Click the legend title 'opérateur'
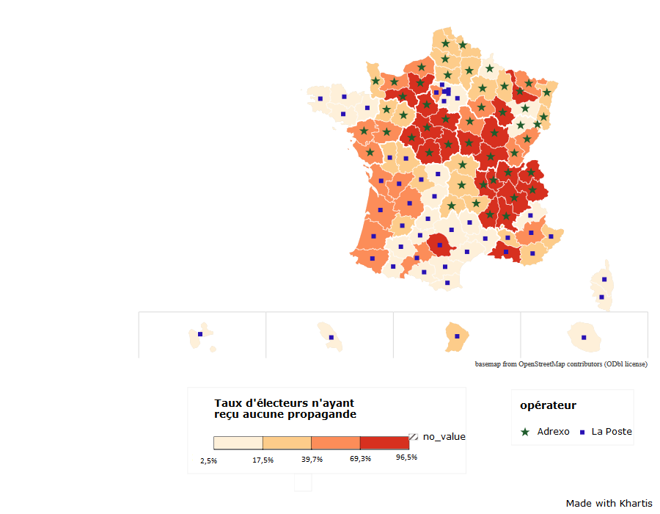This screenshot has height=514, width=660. click(x=548, y=405)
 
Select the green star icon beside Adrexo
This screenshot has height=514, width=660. click(x=525, y=432)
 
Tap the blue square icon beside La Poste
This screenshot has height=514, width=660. click(x=582, y=432)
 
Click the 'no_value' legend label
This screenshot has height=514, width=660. click(x=444, y=437)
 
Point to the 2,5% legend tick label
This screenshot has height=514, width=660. click(x=208, y=460)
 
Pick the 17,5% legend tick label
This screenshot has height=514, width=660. click(x=263, y=460)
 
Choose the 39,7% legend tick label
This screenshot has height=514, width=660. click(x=312, y=460)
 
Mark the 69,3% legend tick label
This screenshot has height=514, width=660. click(x=360, y=459)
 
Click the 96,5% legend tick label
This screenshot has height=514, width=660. click(x=406, y=457)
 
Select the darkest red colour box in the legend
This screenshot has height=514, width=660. click(x=384, y=443)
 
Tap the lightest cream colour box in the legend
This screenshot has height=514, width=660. click(x=238, y=443)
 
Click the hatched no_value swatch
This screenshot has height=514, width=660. click(x=414, y=437)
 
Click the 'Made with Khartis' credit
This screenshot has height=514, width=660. click(x=609, y=503)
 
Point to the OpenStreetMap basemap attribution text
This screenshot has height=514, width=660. click(x=561, y=364)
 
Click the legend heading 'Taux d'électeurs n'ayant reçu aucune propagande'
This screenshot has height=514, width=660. click(x=285, y=408)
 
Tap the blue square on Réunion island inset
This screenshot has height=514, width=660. click(x=584, y=338)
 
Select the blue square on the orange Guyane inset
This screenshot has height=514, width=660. click(x=457, y=336)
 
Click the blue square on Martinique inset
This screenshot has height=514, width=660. click(x=331, y=338)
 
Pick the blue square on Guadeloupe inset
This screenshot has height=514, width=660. click(x=199, y=335)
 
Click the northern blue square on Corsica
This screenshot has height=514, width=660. click(x=604, y=280)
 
